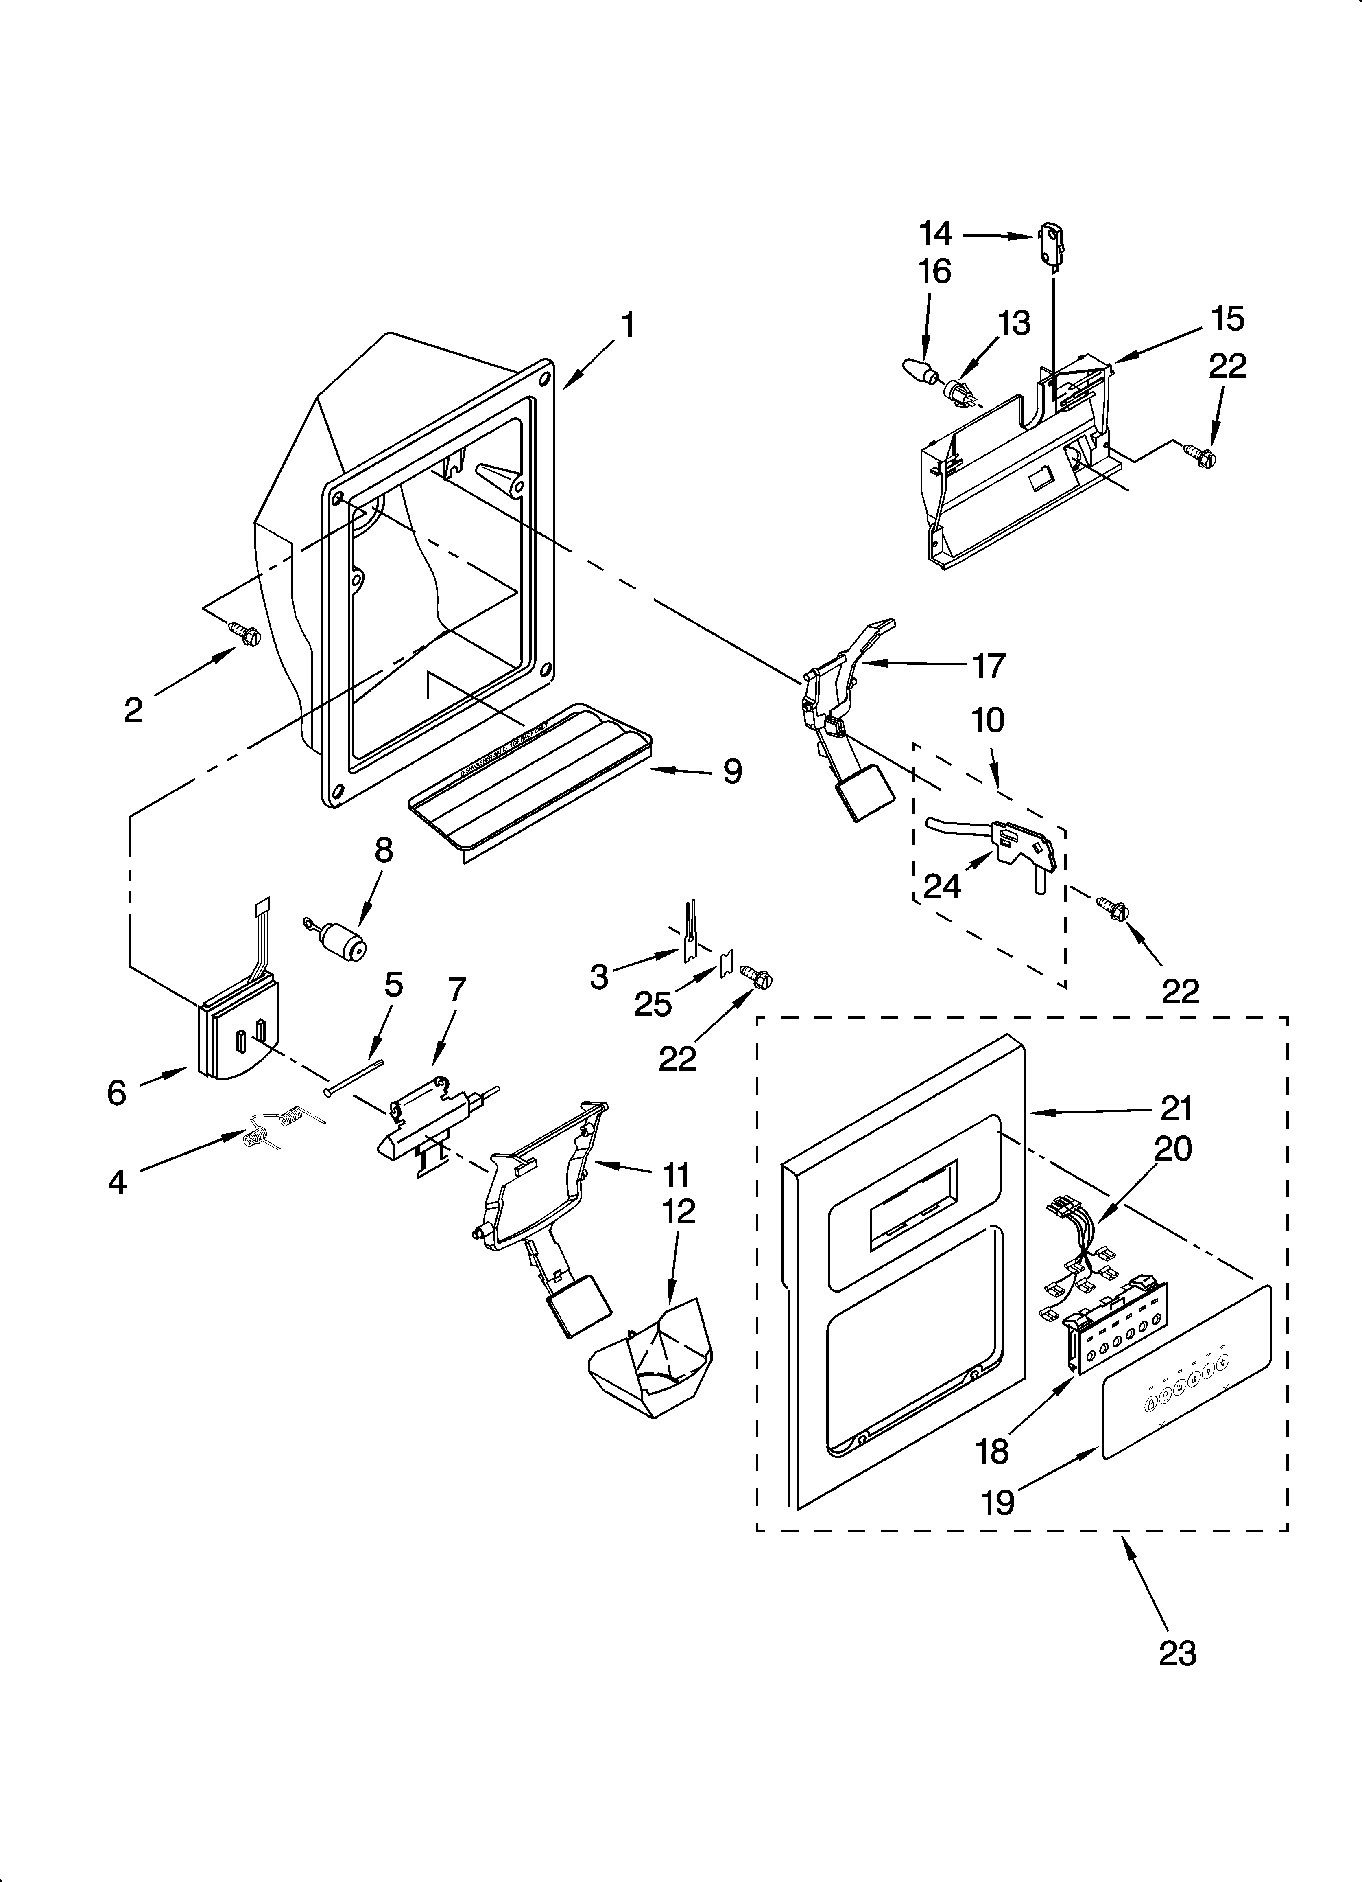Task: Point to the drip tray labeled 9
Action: tap(531, 780)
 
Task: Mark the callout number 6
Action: tap(117, 1093)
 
